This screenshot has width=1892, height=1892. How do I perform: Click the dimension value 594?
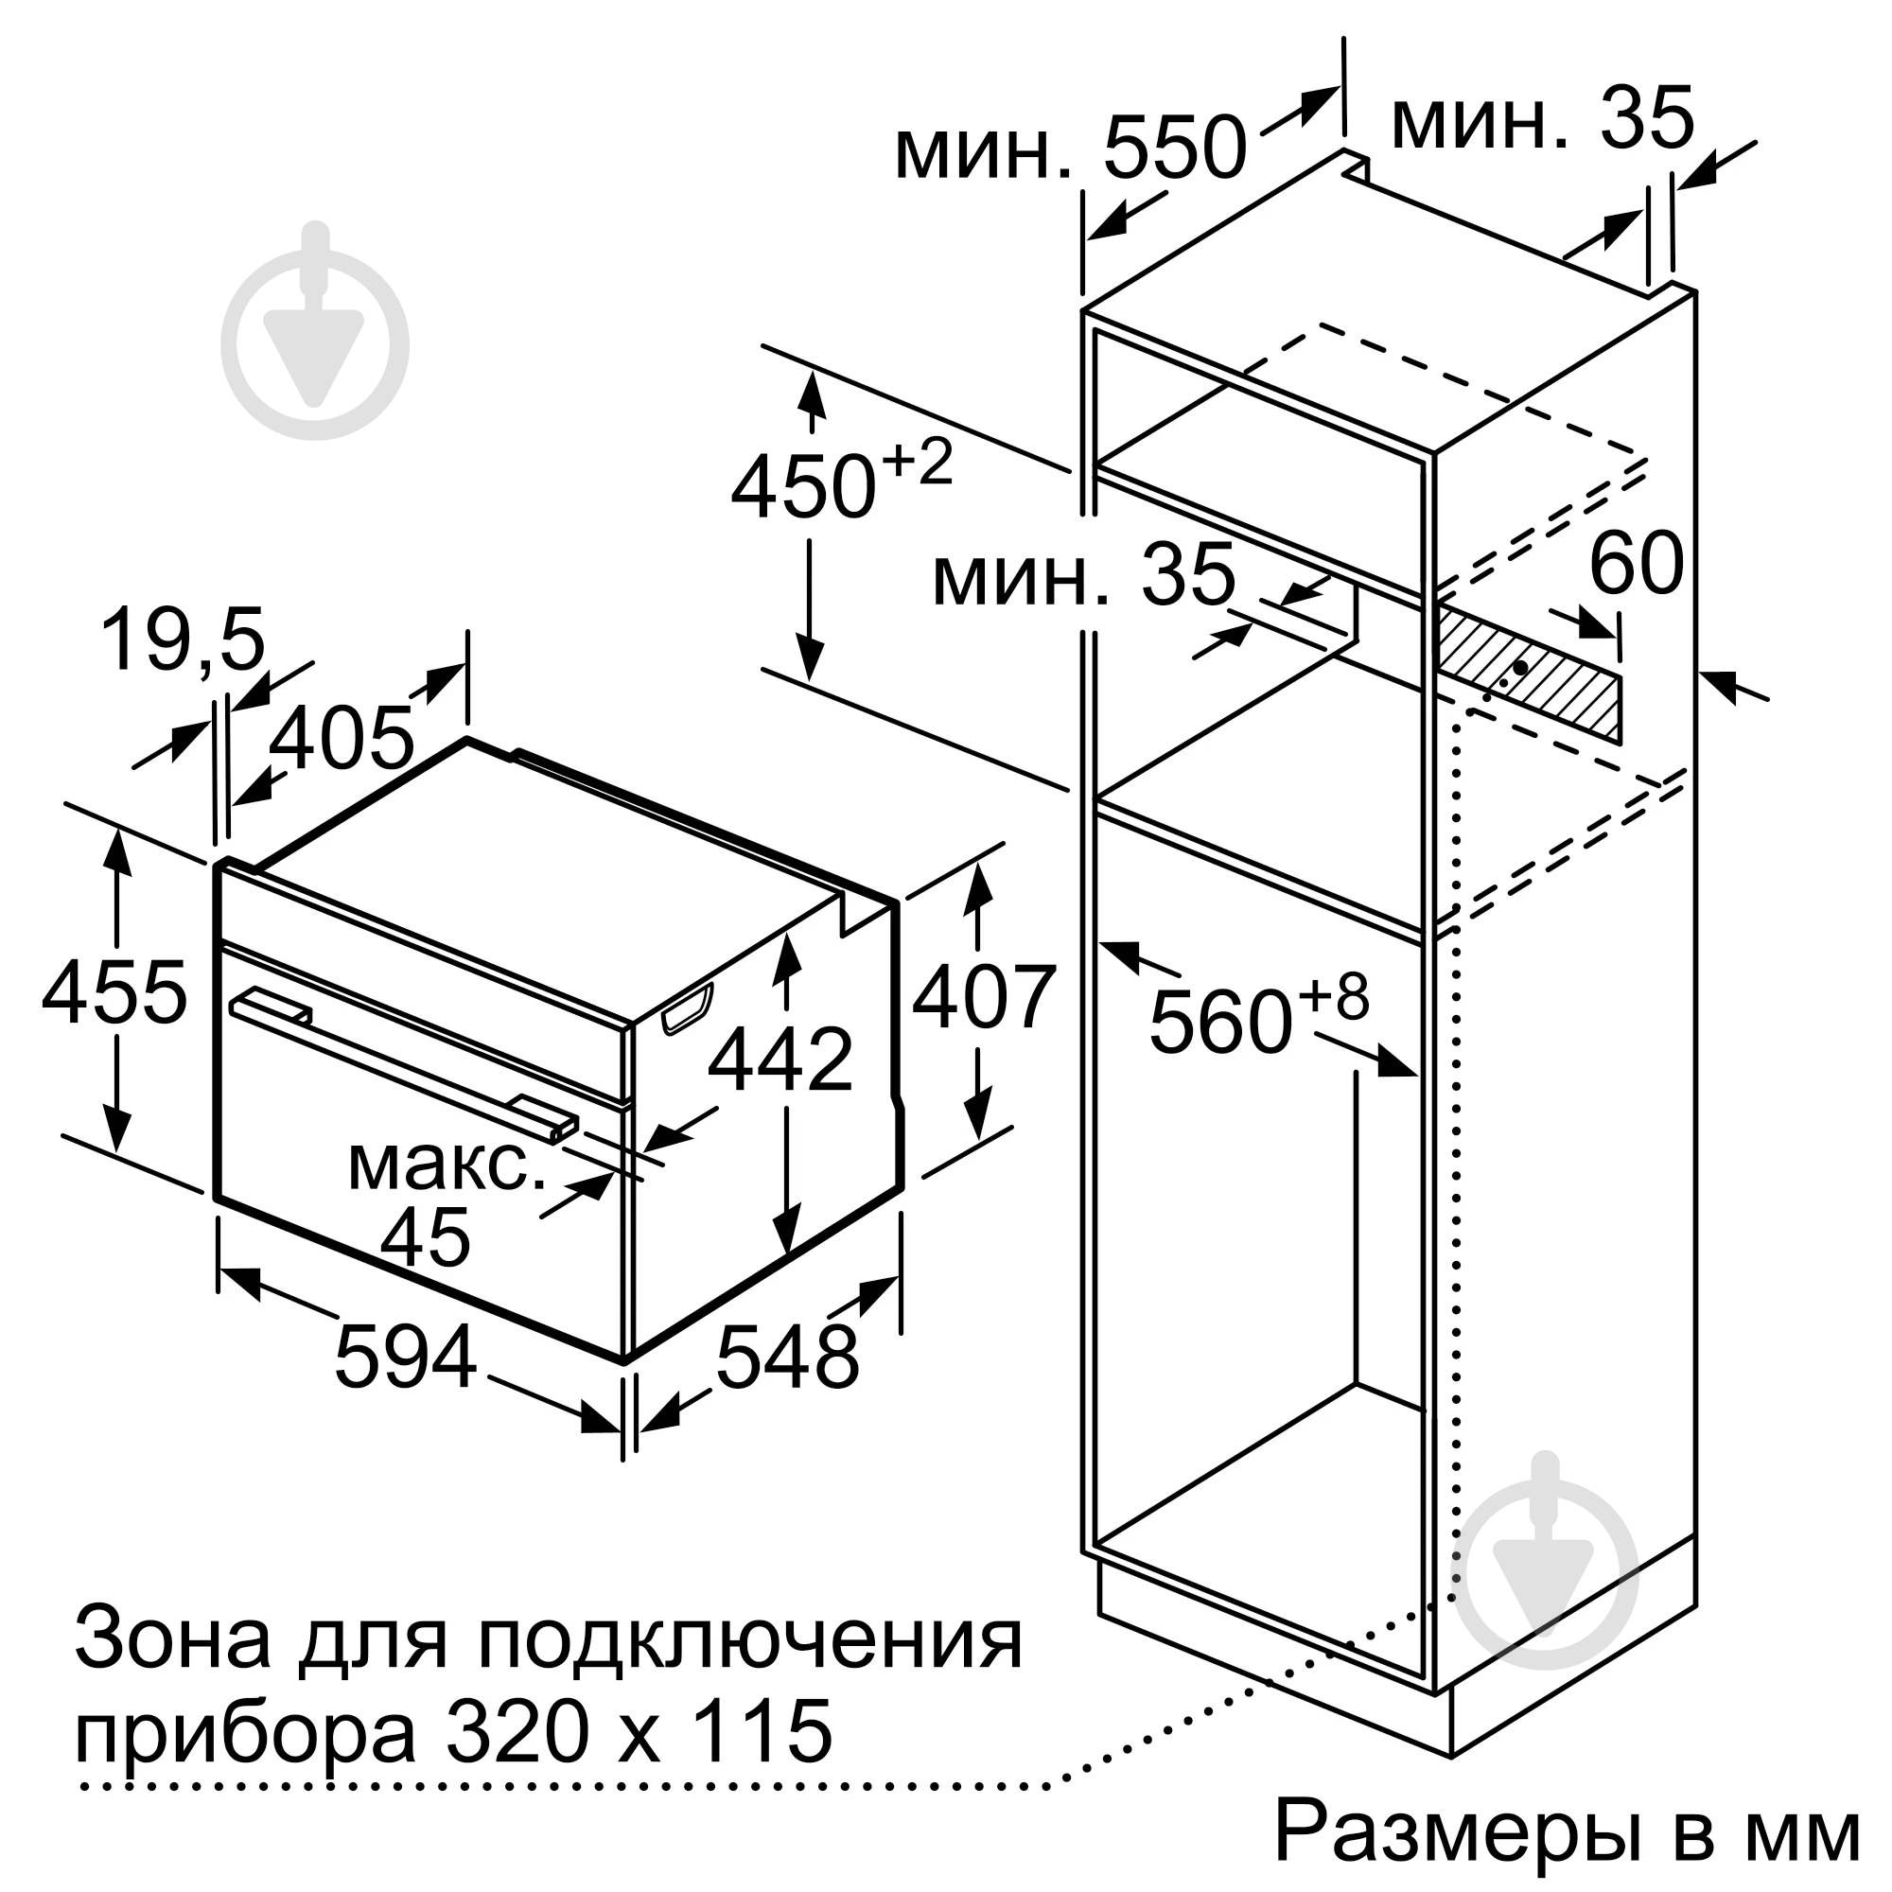pyautogui.click(x=406, y=1357)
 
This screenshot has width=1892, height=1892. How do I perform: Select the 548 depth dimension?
pyautogui.click(x=787, y=1357)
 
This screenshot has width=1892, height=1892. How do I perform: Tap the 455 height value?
pyautogui.click(x=114, y=993)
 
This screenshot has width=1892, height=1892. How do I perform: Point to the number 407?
pyautogui.click(x=984, y=998)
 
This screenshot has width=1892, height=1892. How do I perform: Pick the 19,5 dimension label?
pyautogui.click(x=184, y=640)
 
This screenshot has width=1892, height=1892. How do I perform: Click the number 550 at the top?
pyautogui.click(x=1174, y=148)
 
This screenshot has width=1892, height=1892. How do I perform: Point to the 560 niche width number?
pyautogui.click(x=1219, y=1022)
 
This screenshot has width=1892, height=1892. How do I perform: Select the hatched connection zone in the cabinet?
pyautogui.click(x=1528, y=672)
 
